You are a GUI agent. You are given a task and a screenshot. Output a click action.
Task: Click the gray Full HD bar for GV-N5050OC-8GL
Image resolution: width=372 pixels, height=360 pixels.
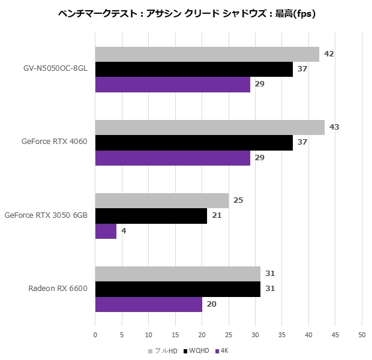[x=207, y=54]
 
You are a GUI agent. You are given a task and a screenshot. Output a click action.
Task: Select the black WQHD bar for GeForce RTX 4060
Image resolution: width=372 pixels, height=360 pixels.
[x=194, y=142]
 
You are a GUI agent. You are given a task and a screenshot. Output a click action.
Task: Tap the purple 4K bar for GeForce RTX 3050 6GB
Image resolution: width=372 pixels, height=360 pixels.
[x=106, y=231]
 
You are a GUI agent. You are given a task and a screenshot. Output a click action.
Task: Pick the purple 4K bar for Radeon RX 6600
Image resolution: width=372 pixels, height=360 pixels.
[x=149, y=304]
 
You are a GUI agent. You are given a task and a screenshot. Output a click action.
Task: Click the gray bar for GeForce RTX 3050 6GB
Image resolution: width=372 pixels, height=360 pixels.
[x=162, y=200]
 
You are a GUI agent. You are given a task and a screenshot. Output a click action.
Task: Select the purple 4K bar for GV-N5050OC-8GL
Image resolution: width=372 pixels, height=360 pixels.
[x=173, y=84]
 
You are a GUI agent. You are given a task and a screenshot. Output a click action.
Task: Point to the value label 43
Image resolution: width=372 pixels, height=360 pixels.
[x=334, y=127]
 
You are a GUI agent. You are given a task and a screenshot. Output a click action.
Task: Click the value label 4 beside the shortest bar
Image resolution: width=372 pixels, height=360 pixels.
[x=124, y=231]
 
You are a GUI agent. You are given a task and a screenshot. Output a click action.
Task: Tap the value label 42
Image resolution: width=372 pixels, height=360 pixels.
[x=329, y=54]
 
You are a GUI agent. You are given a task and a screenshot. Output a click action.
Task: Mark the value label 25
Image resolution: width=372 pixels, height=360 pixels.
[x=238, y=200]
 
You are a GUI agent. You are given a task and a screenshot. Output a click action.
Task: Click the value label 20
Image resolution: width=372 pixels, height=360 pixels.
[x=211, y=304]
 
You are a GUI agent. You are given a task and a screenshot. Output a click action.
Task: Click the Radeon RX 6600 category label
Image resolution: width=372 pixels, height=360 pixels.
[x=58, y=289]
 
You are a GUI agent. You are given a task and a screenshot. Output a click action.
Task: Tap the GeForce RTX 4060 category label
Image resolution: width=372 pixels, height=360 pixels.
[x=55, y=142]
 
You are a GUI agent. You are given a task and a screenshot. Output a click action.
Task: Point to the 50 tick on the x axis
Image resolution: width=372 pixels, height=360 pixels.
[x=362, y=334]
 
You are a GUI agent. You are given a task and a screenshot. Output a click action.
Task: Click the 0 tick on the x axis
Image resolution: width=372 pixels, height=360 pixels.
[x=95, y=334]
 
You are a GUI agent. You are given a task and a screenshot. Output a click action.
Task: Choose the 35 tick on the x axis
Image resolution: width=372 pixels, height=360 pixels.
[x=282, y=334]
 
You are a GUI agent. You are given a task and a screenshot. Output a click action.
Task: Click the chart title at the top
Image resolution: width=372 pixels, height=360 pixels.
[x=187, y=13]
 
